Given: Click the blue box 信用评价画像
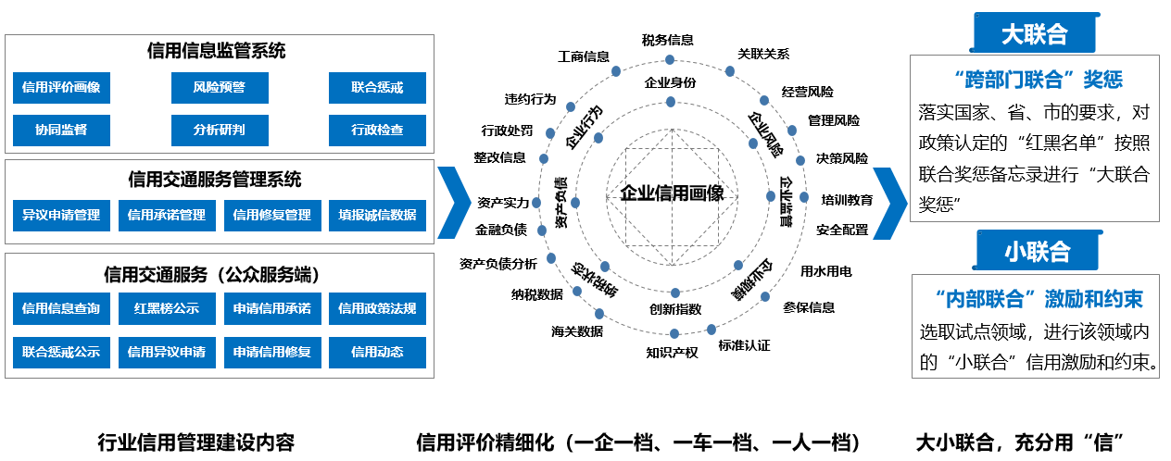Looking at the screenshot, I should click(x=61, y=88).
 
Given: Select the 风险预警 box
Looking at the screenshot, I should click(x=220, y=88).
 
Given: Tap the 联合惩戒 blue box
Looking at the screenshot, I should click(x=377, y=88).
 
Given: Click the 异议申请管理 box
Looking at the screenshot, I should click(x=61, y=215).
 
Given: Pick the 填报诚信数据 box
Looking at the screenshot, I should click(x=377, y=215).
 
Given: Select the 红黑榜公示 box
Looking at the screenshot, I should click(x=167, y=308).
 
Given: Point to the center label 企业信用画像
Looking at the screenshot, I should click(x=673, y=193).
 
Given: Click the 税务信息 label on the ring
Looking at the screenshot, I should click(x=667, y=40).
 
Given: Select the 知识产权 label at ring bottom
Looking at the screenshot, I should click(x=672, y=352).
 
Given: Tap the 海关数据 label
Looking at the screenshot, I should click(x=576, y=330).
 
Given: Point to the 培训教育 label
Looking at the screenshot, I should click(x=847, y=199).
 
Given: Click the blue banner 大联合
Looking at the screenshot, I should click(x=1034, y=34).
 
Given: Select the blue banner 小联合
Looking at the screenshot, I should click(x=1037, y=251).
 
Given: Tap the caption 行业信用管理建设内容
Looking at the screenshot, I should click(x=195, y=442).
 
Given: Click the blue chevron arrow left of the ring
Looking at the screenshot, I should click(x=453, y=202).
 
